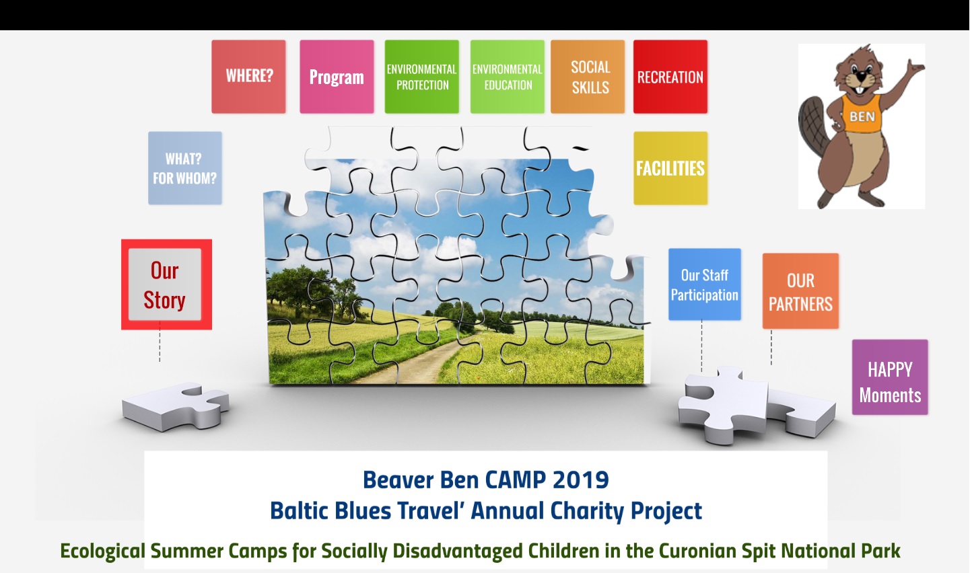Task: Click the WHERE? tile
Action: pyautogui.click(x=248, y=77)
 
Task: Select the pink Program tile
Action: pyautogui.click(x=337, y=77)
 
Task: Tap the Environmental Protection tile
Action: pyautogui.click(x=422, y=77)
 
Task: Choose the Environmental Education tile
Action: pyautogui.click(x=508, y=77)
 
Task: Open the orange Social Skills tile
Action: pyautogui.click(x=588, y=77)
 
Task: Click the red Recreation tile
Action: pyautogui.click(x=670, y=77)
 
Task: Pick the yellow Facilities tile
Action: pyautogui.click(x=670, y=168)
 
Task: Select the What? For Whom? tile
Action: pyautogui.click(x=185, y=168)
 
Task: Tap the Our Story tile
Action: pyautogui.click(x=167, y=284)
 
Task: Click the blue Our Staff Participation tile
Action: pyautogui.click(x=705, y=284)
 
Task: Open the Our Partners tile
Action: pyautogui.click(x=800, y=291)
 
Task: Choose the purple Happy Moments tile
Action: pyautogui.click(x=890, y=377)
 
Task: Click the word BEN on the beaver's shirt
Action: pyautogui.click(x=862, y=116)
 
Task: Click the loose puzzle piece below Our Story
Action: pyautogui.click(x=176, y=407)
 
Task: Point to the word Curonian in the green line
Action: pyautogui.click(x=697, y=551)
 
